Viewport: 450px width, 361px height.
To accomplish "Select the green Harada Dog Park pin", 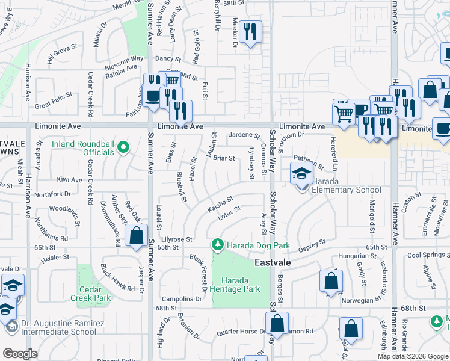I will (x=217, y=245).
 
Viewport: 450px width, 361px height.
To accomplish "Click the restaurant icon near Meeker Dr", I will (x=250, y=31).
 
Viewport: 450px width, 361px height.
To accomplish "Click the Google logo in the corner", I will (x=20, y=354).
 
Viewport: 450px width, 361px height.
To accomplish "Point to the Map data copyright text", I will (x=413, y=356).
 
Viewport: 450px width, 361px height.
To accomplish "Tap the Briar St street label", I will (x=223, y=158).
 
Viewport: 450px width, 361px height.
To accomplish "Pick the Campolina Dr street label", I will (x=182, y=299).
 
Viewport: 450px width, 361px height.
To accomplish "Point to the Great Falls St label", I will (x=53, y=94).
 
